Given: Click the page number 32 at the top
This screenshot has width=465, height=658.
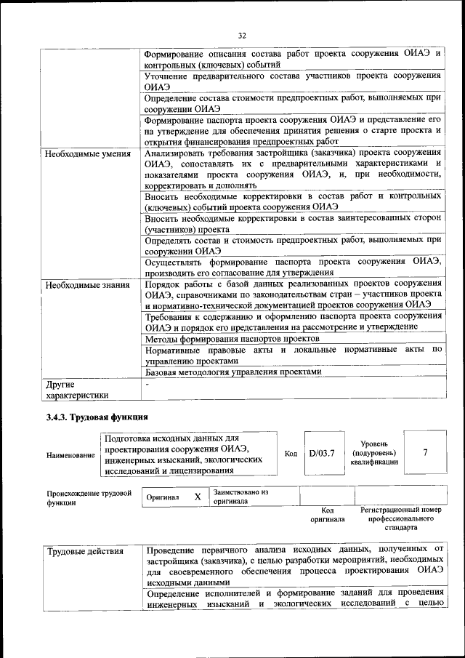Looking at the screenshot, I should coord(243,34).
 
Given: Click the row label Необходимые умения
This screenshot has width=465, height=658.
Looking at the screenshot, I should coord(87,154).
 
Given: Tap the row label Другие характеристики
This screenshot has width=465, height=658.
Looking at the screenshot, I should coord(76,390).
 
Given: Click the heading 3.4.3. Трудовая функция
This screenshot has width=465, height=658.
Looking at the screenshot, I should coord(97,417).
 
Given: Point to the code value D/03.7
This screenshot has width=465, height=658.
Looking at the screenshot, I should coord(321,454).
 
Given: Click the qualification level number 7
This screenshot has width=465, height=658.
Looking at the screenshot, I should coord(425,453).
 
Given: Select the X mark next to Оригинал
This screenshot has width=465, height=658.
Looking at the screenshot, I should coord(197,497).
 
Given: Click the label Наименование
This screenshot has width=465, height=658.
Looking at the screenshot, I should coord(70,455).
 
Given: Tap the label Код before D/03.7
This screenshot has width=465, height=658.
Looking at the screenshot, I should coord(291,454).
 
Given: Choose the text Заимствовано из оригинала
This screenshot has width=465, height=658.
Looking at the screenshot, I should coord(240,497).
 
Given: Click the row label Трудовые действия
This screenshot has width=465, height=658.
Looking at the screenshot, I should coord(86,551).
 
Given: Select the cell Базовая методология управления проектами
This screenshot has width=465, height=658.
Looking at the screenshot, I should coord(232,372).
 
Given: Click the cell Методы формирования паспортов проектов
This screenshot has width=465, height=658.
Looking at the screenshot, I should coord(232,340).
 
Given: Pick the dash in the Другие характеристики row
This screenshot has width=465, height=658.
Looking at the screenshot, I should coord(147,384).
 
